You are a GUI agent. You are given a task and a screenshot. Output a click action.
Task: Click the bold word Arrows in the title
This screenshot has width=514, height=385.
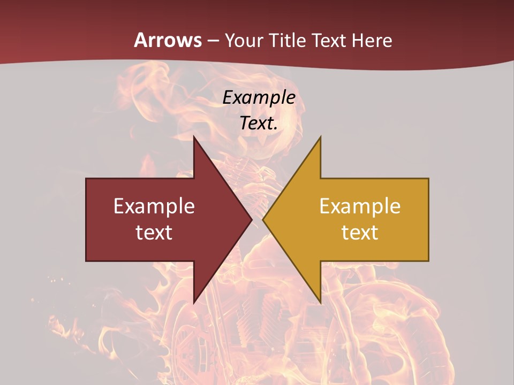(x=168, y=40)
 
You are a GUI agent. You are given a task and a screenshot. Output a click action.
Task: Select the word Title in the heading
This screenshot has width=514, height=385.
(x=289, y=40)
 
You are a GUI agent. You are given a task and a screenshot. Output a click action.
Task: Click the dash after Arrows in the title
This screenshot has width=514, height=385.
(x=213, y=41)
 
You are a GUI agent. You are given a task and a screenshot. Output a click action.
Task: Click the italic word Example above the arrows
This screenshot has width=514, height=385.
(x=259, y=97)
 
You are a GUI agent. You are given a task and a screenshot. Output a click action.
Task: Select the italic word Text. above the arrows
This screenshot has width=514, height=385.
(x=259, y=123)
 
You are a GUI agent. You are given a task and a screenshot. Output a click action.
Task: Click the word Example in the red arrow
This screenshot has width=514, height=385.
(x=154, y=206)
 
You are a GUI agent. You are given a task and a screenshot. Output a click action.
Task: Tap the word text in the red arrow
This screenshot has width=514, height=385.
(x=154, y=233)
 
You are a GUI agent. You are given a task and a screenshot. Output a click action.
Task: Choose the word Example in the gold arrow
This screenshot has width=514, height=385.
(x=360, y=206)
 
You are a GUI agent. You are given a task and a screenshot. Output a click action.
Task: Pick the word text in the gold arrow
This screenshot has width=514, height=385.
(x=360, y=233)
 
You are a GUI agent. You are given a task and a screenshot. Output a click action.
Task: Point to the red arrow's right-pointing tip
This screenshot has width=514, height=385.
(x=252, y=220)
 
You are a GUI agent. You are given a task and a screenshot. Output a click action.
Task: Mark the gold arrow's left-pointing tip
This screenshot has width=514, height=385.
(x=263, y=220)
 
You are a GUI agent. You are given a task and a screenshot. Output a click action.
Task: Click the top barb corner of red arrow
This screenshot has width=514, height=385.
(x=194, y=136)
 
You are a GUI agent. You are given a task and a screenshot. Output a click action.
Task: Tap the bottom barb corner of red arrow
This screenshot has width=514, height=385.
(x=194, y=303)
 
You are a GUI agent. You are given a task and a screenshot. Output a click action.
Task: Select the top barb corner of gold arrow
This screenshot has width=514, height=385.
(x=320, y=136)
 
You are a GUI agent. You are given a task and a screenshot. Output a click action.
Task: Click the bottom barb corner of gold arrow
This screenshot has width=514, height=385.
(x=320, y=303)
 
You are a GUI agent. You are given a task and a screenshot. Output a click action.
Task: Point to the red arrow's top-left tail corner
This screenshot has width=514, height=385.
(x=86, y=179)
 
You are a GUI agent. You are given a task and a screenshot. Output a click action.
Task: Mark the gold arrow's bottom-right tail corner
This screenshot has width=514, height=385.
(x=428, y=261)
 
